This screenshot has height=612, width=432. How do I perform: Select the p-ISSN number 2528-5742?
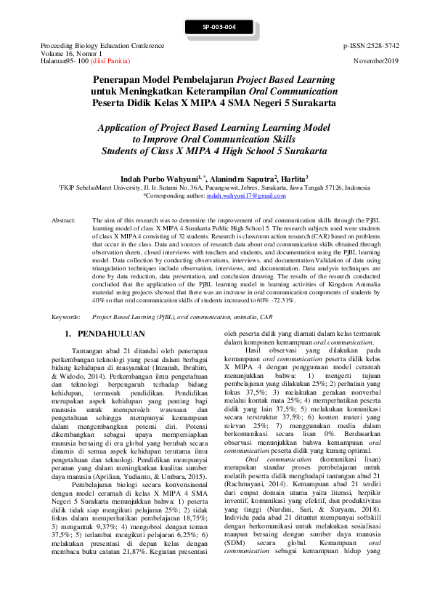378,45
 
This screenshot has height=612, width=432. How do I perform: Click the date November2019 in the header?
377,61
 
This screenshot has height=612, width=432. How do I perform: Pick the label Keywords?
65,318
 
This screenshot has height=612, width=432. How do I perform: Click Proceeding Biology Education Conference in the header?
103,45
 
